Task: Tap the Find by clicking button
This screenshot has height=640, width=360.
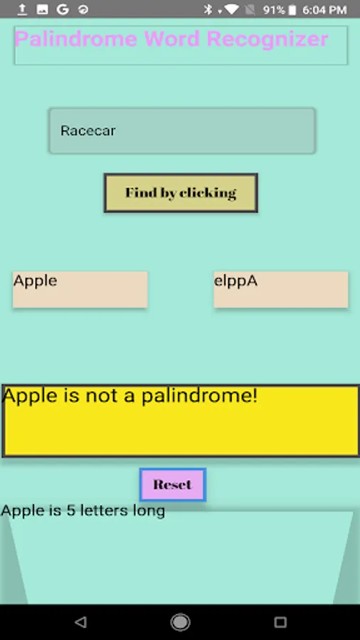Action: click(x=181, y=193)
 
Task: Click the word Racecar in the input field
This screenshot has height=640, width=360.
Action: click(x=88, y=131)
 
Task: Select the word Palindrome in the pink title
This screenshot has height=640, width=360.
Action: click(x=76, y=40)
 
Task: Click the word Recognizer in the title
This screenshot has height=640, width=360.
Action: click(x=268, y=40)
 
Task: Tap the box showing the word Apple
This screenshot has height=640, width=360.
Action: click(x=80, y=289)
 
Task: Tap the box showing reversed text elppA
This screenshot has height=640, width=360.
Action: click(x=281, y=289)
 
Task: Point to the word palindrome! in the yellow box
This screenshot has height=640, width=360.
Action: click(x=200, y=396)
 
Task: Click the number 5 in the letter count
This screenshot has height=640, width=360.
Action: click(x=71, y=510)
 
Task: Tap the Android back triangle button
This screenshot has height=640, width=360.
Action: click(x=80, y=622)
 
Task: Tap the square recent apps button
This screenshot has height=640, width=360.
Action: click(x=280, y=622)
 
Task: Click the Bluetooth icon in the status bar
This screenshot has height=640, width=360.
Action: click(x=208, y=9)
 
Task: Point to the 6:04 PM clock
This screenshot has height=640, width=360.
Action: click(x=325, y=10)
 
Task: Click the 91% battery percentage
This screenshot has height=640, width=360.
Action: click(x=274, y=10)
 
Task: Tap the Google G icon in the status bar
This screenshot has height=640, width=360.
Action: click(x=63, y=9)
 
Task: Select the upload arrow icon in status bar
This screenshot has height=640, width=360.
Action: click(x=22, y=9)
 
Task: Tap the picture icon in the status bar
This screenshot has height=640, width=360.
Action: click(x=43, y=9)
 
